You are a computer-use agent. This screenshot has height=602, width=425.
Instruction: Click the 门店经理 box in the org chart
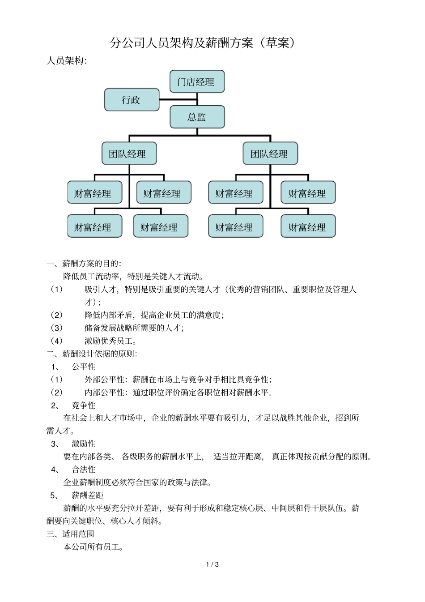197,82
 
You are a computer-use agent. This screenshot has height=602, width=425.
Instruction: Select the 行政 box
132,100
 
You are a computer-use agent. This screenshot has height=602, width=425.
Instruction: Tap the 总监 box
197,117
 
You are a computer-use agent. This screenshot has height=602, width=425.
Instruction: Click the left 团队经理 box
129,154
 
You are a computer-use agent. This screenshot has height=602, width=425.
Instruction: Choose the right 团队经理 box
270,154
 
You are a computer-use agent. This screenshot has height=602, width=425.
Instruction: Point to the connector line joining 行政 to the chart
178,100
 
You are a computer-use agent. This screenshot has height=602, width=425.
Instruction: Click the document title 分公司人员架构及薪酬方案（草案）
203,43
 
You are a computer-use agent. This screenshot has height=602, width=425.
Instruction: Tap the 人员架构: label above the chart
67,61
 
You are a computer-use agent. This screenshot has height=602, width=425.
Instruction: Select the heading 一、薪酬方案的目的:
84,263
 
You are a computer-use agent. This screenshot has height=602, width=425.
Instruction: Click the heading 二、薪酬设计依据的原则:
92,354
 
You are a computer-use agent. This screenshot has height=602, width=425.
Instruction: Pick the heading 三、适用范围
70,534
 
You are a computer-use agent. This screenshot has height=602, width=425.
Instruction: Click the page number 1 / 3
212,564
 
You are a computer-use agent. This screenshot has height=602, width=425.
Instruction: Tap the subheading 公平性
84,367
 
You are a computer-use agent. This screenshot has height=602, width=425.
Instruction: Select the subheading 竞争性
84,406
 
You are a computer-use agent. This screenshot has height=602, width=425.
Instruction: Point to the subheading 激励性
84,444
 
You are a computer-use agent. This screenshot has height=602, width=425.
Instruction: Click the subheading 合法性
84,470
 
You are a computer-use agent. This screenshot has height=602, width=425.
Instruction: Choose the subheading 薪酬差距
88,495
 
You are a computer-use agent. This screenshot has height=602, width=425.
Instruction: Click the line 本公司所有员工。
93,547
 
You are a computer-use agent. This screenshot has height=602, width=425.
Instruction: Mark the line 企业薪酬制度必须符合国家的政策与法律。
137,482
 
